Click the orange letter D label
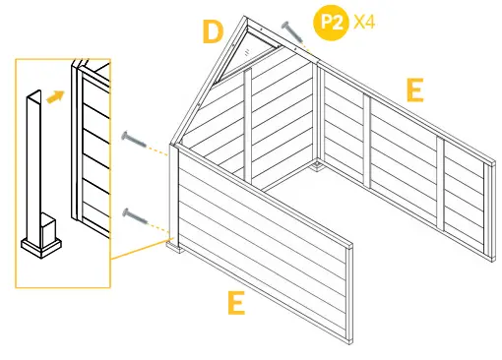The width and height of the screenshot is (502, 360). coord(213,31)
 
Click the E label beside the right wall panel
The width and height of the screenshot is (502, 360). coord(414,91)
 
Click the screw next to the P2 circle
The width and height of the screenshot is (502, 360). coord(291,31)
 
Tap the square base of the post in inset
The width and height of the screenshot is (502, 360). coord(43,242)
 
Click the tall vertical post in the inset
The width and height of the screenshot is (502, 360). coord(35,157)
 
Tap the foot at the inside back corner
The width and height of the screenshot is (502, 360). coord(317,168)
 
